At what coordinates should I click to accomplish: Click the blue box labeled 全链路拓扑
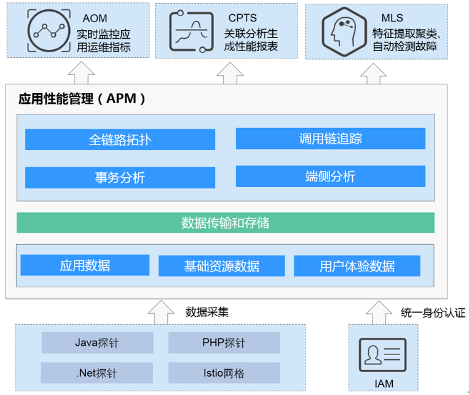coord(120,140)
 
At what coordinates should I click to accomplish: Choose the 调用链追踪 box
coord(330,138)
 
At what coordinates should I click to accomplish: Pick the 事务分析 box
coord(120,177)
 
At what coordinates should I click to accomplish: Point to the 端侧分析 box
coord(330,177)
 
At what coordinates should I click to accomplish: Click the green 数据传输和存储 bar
coord(225,223)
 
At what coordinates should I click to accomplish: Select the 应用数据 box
coord(85,265)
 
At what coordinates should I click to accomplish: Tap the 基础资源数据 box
coord(221,266)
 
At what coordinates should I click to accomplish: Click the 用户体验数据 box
coord(357,266)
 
